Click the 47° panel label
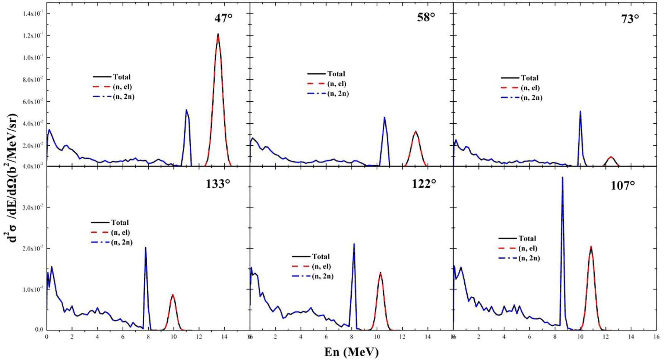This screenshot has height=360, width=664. (x=223, y=18)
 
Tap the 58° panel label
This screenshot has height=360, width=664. (x=426, y=17)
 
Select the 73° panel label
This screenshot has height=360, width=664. (x=630, y=19)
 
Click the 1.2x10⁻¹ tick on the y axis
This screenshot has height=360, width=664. (x=33, y=35)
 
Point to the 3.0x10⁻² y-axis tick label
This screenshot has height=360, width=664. (x=33, y=207)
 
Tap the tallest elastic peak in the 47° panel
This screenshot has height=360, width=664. (x=218, y=34)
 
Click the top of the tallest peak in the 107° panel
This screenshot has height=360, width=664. (x=562, y=177)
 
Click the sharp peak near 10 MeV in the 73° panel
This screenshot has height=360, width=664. (x=581, y=111)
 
